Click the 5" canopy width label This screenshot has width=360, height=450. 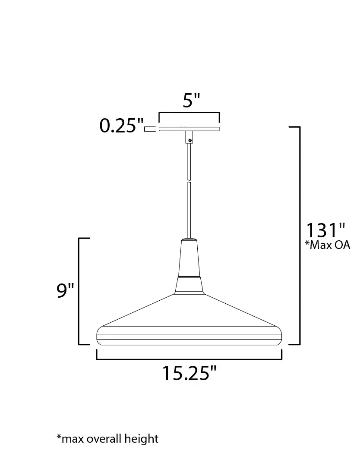tap(192, 101)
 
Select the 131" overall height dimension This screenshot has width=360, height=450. tap(325, 230)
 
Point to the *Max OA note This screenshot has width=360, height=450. tap(328, 245)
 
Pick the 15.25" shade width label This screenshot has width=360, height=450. tap(189, 373)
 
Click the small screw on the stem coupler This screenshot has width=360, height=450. tap(190, 140)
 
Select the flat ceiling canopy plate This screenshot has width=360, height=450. tap(189, 129)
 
